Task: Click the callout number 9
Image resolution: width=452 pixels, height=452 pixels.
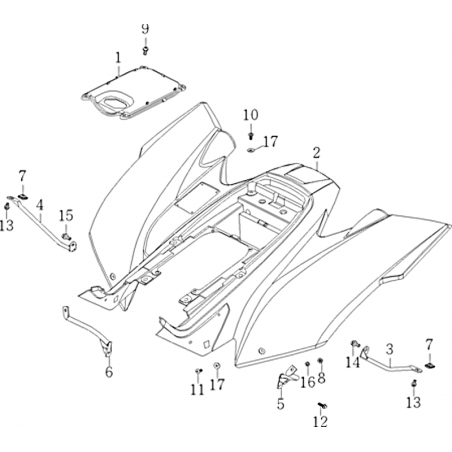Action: [145, 29]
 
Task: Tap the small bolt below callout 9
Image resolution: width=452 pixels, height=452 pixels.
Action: [145, 51]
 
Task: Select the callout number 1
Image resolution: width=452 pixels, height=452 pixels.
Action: [118, 58]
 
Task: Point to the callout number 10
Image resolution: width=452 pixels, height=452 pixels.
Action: [251, 115]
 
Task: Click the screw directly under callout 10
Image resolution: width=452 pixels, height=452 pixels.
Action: [251, 136]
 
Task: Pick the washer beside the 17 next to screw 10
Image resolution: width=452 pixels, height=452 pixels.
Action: [251, 150]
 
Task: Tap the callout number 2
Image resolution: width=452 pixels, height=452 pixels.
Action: [317, 153]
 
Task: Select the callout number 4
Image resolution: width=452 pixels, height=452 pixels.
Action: [40, 205]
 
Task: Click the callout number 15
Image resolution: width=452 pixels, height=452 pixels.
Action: [66, 215]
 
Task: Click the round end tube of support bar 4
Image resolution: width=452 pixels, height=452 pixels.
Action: [72, 247]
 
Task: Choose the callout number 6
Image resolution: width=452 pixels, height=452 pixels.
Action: [109, 372]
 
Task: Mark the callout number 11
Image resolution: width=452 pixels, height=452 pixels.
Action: [197, 389]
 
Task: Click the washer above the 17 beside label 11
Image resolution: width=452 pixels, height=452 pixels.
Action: [217, 366]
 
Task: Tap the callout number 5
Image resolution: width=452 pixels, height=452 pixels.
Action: [281, 404]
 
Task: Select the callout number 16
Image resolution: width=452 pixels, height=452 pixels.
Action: [307, 382]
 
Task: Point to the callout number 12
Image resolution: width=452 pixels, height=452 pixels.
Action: [320, 422]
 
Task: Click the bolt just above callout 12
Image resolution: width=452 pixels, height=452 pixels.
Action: [322, 406]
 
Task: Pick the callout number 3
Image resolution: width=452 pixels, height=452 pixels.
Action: [390, 349]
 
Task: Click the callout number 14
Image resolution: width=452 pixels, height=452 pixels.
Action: [353, 362]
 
